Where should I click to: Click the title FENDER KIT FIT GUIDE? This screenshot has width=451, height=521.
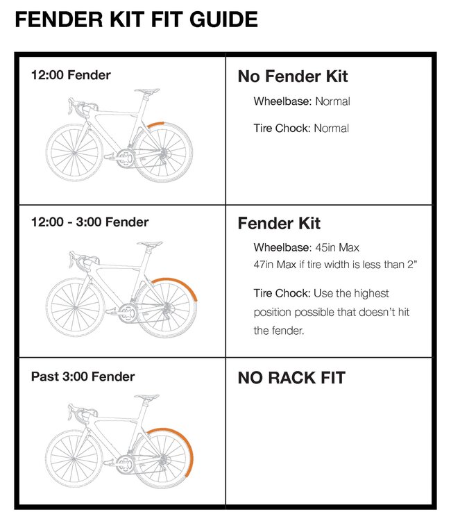pos(136,19)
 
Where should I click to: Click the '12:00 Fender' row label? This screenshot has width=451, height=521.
pos(71,75)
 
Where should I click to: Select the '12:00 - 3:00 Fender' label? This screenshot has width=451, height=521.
pos(90,222)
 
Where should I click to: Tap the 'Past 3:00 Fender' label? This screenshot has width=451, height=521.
pos(83,377)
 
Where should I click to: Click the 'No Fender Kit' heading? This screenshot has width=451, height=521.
pos(292,76)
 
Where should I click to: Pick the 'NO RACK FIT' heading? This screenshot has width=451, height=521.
pos(291,379)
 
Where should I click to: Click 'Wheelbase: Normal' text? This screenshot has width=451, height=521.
pos(301,101)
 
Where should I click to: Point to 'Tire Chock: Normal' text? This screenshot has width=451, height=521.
pos(300,129)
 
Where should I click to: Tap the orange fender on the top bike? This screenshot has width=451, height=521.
pos(158,123)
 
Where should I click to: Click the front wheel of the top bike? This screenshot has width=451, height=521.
pos(72,150)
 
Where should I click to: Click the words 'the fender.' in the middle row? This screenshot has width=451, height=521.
pos(279,331)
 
